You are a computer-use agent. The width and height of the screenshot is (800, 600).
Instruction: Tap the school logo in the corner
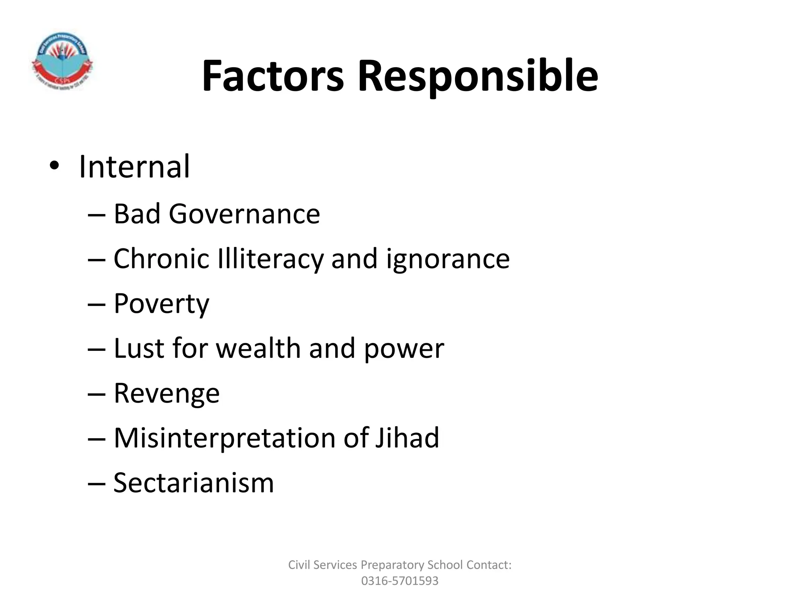click(x=62, y=62)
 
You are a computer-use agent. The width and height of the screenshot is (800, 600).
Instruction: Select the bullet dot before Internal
click(x=54, y=167)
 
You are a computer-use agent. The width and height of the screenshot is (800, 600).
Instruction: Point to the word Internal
click(x=134, y=167)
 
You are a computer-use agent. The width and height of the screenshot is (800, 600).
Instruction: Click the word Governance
click(x=244, y=214)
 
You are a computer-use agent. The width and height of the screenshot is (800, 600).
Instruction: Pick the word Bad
click(x=137, y=214)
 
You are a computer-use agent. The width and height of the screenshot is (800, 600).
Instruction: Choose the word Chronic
click(x=161, y=259)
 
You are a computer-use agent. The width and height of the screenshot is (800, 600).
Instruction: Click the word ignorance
click(x=448, y=259)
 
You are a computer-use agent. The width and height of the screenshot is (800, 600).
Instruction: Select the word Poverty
click(x=161, y=304)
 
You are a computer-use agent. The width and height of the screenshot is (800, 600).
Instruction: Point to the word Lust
click(x=139, y=348)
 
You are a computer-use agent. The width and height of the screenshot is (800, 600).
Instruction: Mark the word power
click(x=404, y=349)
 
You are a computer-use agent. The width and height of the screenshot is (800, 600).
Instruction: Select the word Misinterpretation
click(x=224, y=437)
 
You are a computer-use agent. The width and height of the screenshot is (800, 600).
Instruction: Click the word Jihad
click(x=407, y=437)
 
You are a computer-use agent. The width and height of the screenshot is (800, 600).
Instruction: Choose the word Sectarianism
click(x=194, y=483)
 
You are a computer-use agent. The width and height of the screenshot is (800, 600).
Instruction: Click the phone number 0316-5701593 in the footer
click(x=400, y=581)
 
